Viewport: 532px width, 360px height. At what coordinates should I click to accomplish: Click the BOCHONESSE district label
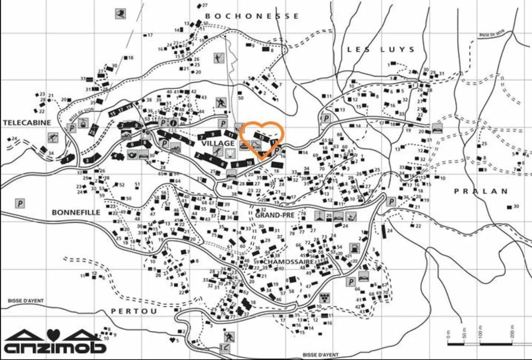(252, 16)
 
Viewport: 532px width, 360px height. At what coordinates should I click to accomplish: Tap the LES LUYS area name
(381, 49)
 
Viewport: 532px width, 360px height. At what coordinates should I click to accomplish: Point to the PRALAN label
(481, 191)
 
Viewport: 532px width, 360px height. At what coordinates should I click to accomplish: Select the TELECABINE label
(27, 123)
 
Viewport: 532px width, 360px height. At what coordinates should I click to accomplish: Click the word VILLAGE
(218, 143)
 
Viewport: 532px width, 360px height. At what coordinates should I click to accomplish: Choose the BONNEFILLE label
(76, 212)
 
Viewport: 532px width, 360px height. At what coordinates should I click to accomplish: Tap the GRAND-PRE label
(274, 215)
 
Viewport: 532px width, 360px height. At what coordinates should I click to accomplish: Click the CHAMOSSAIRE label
(289, 261)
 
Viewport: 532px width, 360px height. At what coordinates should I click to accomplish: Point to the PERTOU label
(134, 311)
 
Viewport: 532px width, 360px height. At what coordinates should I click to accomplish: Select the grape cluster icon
(324, 296)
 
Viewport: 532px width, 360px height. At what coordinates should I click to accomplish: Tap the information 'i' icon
(173, 123)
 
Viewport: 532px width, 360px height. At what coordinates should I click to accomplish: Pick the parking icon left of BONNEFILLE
(20, 203)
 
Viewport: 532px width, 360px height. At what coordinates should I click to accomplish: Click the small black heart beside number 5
(173, 340)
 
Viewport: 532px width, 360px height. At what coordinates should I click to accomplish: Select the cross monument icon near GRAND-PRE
(319, 216)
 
